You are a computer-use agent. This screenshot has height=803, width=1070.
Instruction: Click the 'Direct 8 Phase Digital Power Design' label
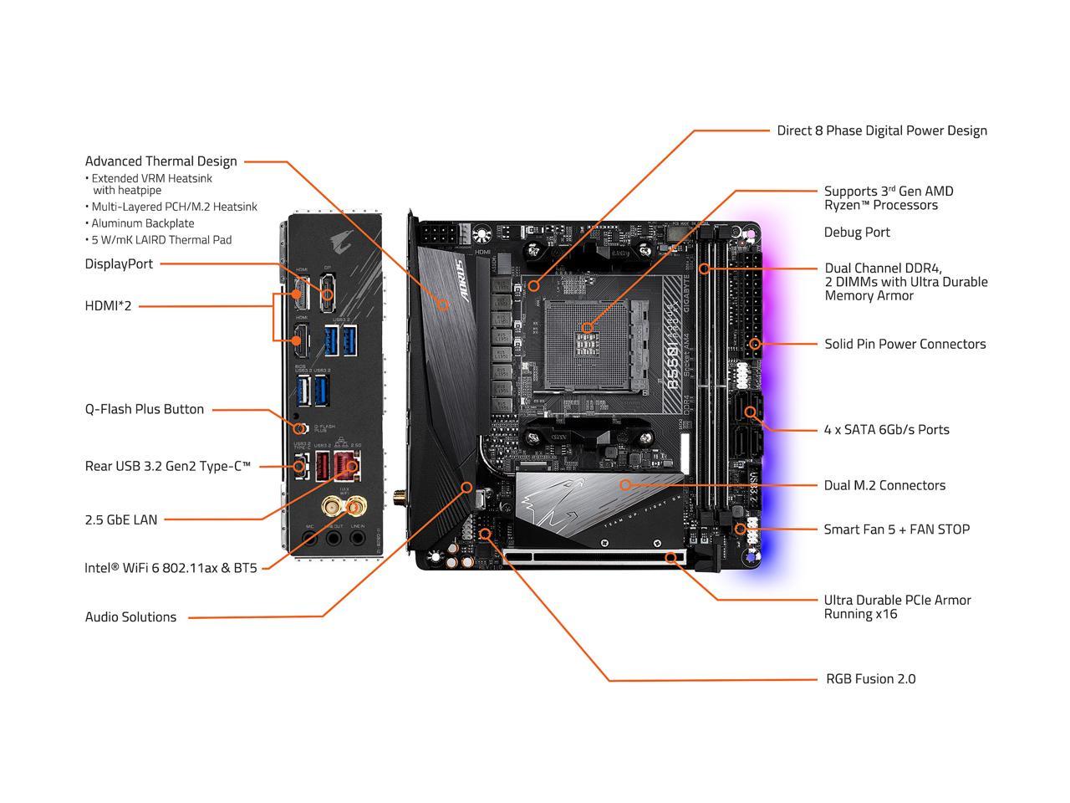pyautogui.click(x=882, y=130)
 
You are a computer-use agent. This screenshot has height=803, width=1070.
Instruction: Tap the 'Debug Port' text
pyautogui.click(x=857, y=233)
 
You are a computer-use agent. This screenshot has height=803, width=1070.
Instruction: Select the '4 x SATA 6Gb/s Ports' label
pyautogui.click(x=886, y=430)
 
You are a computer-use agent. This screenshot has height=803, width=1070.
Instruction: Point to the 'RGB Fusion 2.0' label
pyautogui.click(x=870, y=679)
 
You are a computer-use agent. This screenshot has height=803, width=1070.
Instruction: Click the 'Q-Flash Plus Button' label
pyautogui.click(x=144, y=409)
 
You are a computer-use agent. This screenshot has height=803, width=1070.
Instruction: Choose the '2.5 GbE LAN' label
pyautogui.click(x=120, y=519)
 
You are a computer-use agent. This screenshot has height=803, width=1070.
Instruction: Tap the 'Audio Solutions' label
pyautogui.click(x=130, y=617)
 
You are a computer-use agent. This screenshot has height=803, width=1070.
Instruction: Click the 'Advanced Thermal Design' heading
pyautogui.click(x=160, y=161)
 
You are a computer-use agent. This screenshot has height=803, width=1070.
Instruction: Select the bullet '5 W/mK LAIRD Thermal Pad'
pyautogui.click(x=161, y=240)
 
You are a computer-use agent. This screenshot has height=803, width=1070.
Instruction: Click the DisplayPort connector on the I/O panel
pyautogui.click(x=328, y=294)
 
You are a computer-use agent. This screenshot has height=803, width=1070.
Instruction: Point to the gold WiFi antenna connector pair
pyautogui.click(x=344, y=506)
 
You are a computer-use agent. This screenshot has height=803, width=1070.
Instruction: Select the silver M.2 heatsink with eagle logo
pyautogui.click(x=598, y=502)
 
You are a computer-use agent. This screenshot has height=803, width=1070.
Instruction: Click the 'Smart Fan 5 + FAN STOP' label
pyautogui.click(x=896, y=529)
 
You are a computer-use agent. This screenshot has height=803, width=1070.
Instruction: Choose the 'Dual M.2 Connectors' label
pyautogui.click(x=884, y=485)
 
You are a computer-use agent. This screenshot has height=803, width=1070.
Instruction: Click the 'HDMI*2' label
pyautogui.click(x=108, y=306)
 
